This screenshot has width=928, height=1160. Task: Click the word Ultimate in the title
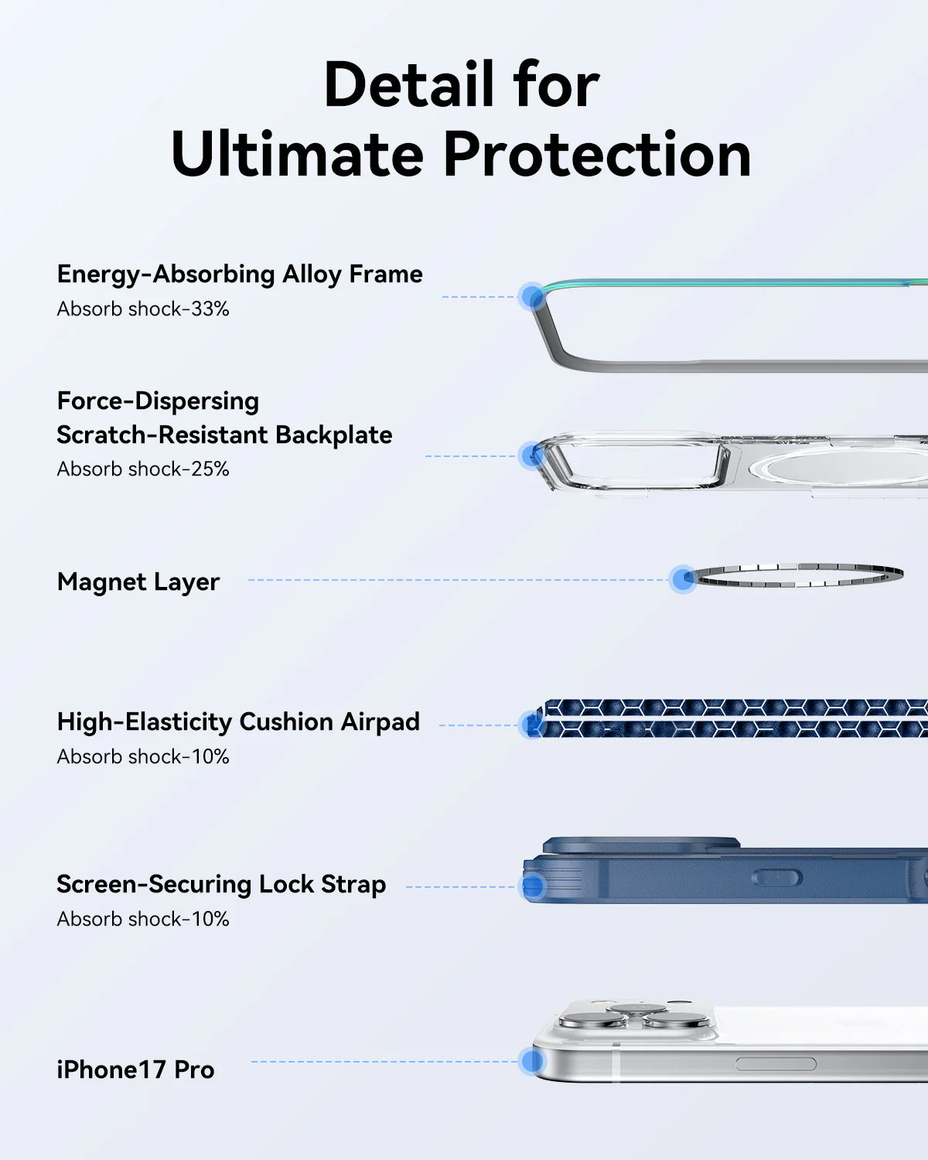pos(297,154)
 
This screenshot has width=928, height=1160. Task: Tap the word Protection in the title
pos(596,154)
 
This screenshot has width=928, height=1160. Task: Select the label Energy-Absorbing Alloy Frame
pos(240,274)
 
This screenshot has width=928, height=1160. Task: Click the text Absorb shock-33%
pos(143,309)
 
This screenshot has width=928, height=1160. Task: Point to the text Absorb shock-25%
pos(143,469)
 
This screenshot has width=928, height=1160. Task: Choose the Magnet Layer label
pos(138,582)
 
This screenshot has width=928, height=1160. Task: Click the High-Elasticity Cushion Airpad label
pos(238,722)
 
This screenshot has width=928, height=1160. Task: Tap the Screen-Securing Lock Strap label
pos(221,884)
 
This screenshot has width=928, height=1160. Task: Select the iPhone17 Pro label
pos(135,1070)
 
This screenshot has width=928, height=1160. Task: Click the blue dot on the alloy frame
pos(532,296)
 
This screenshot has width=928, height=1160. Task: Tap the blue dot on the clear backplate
pos(531,455)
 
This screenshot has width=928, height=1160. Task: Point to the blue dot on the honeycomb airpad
pos(532,725)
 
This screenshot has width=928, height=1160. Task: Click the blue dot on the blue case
pos(533,886)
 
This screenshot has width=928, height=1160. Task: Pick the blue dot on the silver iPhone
pos(532,1061)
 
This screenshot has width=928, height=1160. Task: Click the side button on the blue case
pos(776,878)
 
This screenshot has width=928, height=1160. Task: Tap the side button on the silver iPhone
pos(775,1064)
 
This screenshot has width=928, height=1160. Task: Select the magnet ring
pos(797,575)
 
